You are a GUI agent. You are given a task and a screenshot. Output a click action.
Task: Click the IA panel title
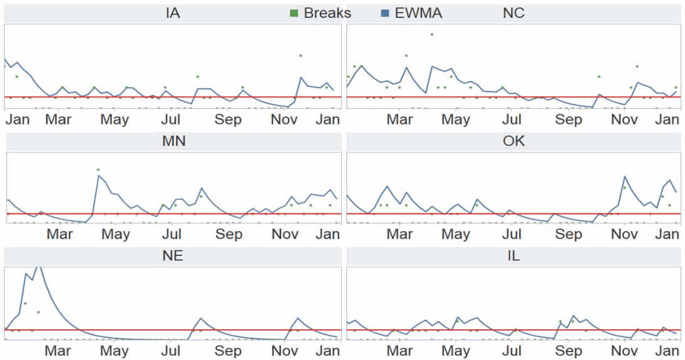(x=173, y=13)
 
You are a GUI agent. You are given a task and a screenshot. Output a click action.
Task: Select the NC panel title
(x=513, y=13)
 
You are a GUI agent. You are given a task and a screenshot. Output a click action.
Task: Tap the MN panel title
(x=173, y=141)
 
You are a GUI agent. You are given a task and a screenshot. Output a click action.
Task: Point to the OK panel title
(x=513, y=141)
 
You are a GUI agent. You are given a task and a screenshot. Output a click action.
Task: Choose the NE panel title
(x=173, y=256)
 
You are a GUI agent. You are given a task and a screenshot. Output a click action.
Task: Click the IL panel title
(x=513, y=256)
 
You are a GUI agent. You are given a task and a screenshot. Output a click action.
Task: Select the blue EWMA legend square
(x=386, y=13)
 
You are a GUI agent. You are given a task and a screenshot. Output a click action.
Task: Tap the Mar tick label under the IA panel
(x=58, y=120)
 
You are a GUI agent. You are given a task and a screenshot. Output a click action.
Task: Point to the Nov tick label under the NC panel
(x=624, y=120)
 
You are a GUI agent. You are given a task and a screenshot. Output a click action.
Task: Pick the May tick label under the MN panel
(x=115, y=235)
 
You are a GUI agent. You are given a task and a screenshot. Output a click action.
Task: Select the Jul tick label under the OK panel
(x=512, y=235)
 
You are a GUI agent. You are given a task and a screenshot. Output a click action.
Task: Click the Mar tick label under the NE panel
(x=58, y=351)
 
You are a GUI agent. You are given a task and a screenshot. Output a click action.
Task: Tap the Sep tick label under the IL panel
(x=569, y=351)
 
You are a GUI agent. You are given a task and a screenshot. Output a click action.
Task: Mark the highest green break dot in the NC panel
(x=431, y=34)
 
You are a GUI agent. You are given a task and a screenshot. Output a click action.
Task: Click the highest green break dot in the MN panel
(x=98, y=170)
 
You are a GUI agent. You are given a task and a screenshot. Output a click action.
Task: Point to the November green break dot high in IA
(x=301, y=56)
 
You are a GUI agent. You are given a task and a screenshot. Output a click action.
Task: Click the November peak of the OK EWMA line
(x=624, y=177)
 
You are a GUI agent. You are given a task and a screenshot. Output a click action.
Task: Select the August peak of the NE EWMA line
(x=200, y=318)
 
